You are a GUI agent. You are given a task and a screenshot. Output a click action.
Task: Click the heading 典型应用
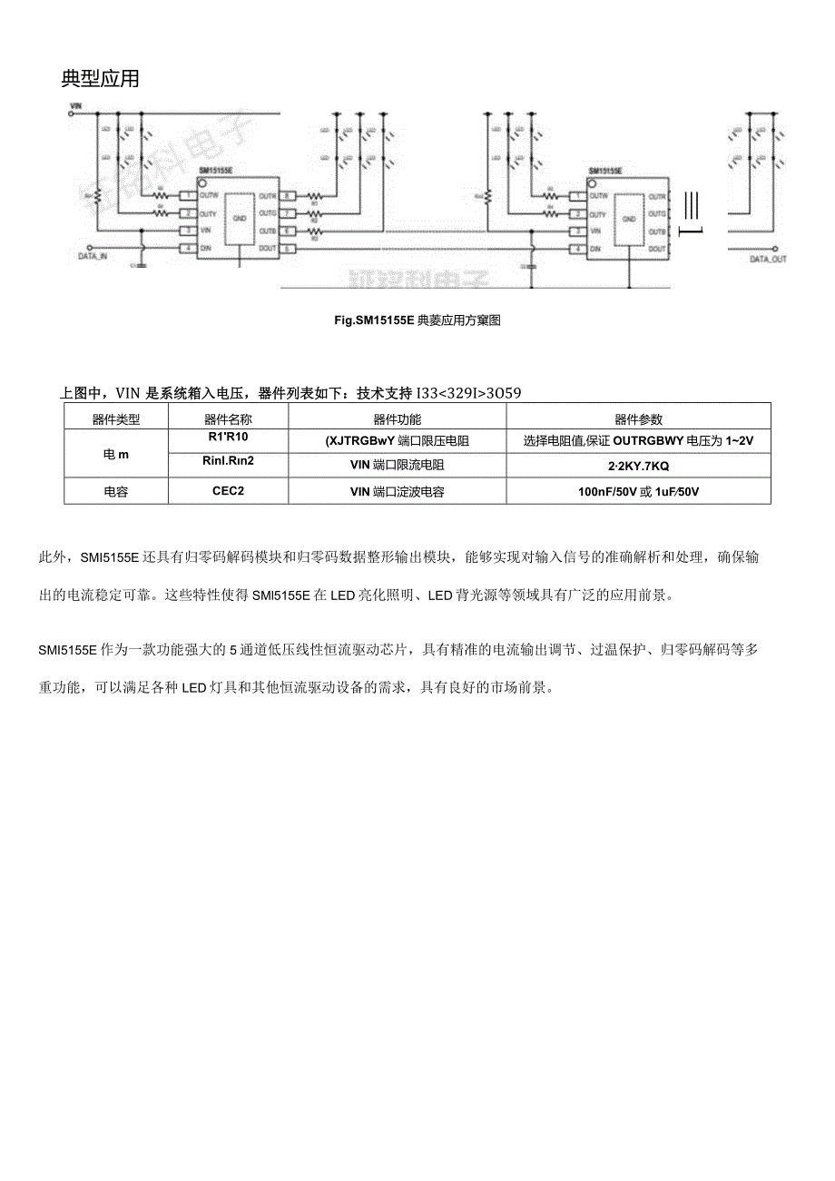point(100,79)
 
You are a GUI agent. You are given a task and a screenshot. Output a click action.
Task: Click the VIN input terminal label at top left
point(75,106)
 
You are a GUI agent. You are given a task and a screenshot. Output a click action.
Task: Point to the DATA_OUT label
point(768,259)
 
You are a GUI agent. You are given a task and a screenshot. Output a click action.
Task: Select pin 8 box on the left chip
point(287,196)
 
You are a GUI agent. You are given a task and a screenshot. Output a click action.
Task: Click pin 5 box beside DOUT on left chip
point(287,248)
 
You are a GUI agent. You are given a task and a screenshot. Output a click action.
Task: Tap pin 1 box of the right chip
point(575,196)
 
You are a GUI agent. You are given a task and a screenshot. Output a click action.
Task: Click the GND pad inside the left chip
point(240,219)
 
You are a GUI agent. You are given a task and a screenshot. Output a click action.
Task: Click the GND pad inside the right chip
point(627,219)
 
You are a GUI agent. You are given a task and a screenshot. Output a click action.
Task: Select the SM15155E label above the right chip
point(604,171)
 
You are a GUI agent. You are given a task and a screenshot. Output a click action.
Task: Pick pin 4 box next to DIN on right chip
point(575,248)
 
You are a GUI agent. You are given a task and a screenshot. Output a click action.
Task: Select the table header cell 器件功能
point(397,419)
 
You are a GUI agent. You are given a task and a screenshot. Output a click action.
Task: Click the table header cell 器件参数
point(638,419)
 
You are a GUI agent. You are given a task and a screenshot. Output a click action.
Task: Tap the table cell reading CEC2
point(228,491)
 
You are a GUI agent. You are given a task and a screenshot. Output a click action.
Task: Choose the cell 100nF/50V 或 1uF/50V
point(638,491)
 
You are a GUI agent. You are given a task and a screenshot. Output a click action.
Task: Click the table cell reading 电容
point(115,491)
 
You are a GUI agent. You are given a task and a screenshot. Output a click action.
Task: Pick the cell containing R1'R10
point(228,438)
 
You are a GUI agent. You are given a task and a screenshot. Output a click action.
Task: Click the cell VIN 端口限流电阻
point(397,465)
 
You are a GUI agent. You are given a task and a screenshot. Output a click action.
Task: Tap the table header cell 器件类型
point(116,419)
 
